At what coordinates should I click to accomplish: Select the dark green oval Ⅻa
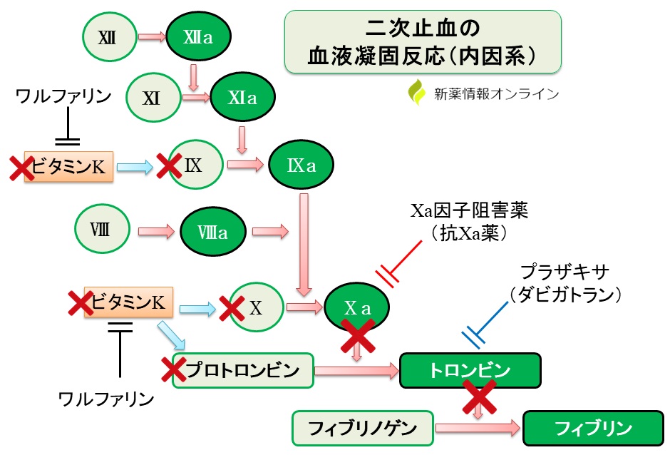(x=198, y=36)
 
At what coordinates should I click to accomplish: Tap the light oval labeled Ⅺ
(x=151, y=98)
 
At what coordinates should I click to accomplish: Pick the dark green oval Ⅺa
(x=242, y=98)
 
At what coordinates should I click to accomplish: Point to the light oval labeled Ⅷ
(x=101, y=230)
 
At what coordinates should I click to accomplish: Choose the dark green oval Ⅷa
(x=212, y=232)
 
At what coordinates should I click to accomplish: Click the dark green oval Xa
(x=357, y=308)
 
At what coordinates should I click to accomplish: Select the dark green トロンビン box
(x=470, y=370)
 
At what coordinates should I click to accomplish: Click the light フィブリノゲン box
(x=363, y=428)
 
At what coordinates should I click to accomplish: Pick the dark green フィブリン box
(x=593, y=429)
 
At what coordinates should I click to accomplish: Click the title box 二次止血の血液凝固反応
(x=422, y=41)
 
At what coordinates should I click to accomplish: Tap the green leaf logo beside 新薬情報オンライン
(x=416, y=93)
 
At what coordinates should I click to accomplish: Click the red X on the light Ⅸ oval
(x=169, y=167)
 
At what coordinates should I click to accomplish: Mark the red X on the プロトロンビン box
(x=174, y=369)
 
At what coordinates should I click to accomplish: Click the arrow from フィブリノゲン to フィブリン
(x=478, y=428)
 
